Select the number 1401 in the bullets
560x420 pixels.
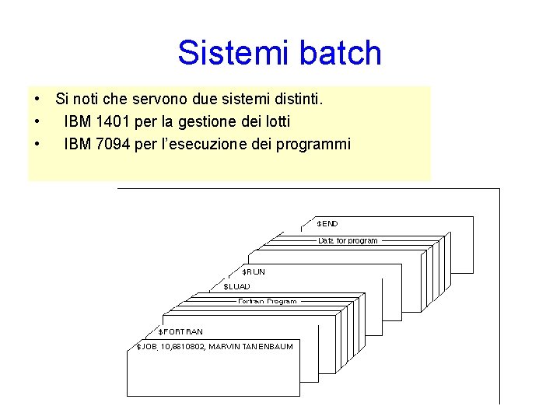point(106,122)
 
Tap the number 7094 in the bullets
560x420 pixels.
point(106,144)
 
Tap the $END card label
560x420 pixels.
point(327,224)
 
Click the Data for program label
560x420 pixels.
point(348,241)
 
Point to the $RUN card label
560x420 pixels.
point(253,272)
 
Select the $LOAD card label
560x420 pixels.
point(237,287)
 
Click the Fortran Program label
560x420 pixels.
point(268,301)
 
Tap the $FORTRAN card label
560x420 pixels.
point(181,332)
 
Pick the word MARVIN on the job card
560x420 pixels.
point(222,347)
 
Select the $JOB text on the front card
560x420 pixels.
point(146,347)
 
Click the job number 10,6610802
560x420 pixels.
point(182,347)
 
